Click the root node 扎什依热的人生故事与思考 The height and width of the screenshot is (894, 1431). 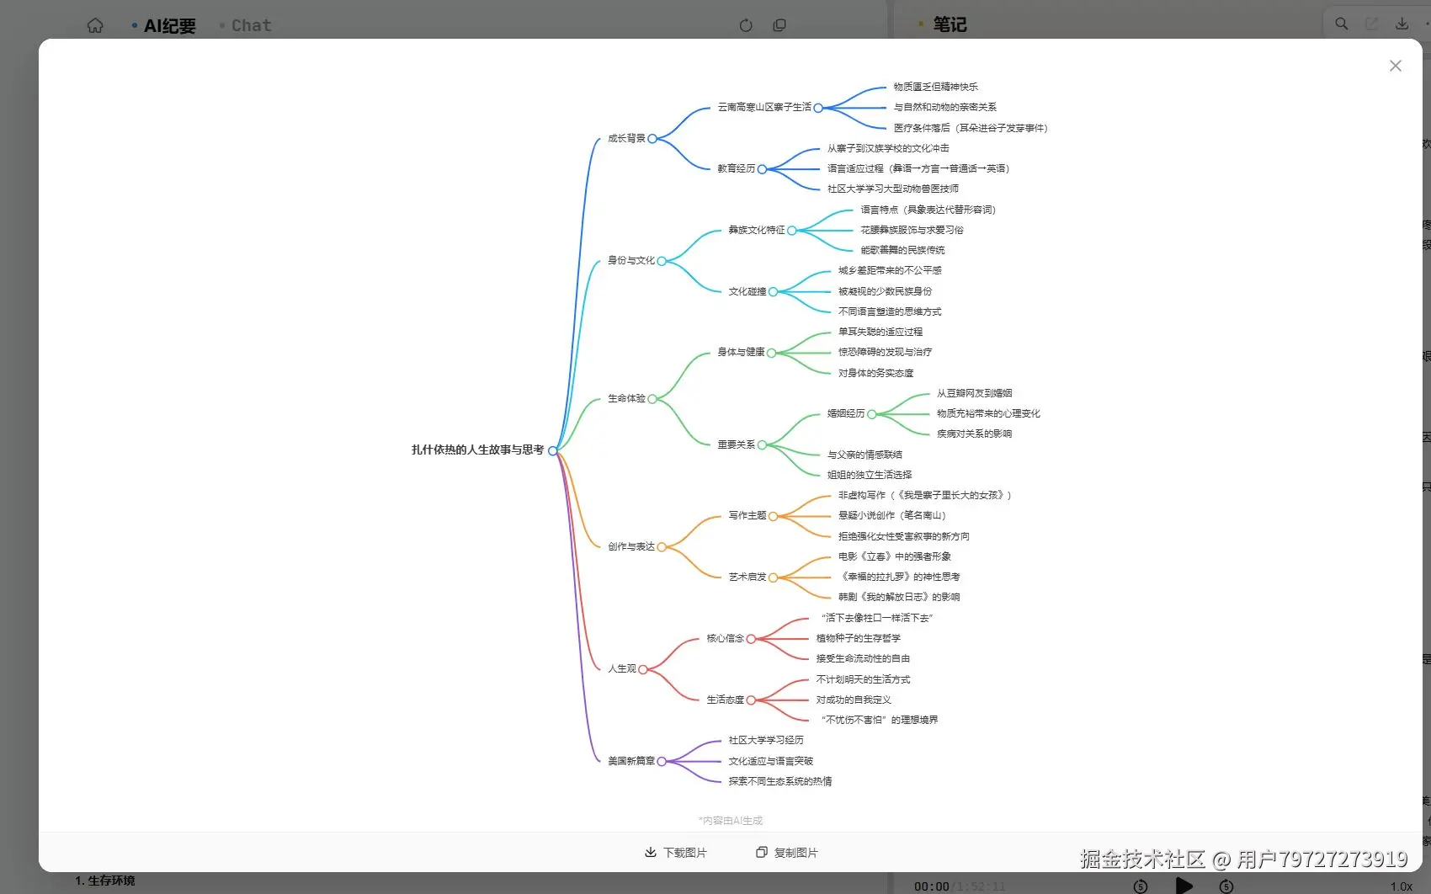[477, 450]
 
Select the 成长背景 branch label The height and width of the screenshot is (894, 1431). [626, 138]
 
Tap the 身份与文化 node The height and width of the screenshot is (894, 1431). [630, 260]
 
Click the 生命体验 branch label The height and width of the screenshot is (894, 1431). [626, 398]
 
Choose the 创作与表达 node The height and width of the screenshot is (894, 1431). [630, 546]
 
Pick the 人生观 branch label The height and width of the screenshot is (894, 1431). [621, 668]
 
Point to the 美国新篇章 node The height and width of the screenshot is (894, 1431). [630, 761]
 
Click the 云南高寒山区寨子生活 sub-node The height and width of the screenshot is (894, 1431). [763, 107]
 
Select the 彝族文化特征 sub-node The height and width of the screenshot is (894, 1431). [756, 230]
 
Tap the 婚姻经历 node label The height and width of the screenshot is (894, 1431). [845, 413]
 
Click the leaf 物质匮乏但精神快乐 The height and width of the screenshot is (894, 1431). [935, 87]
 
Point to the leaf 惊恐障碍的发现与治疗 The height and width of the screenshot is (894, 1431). [885, 352]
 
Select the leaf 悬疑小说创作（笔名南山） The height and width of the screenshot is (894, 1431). [892, 515]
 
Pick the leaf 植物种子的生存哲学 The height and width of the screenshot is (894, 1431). [858, 638]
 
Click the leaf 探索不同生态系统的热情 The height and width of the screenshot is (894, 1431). [779, 781]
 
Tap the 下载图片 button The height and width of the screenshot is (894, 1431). [676, 853]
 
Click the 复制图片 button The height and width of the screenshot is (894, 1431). [787, 853]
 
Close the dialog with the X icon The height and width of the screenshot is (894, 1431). [1395, 66]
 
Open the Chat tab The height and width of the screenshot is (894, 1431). [251, 25]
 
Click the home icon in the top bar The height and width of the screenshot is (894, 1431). [95, 25]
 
